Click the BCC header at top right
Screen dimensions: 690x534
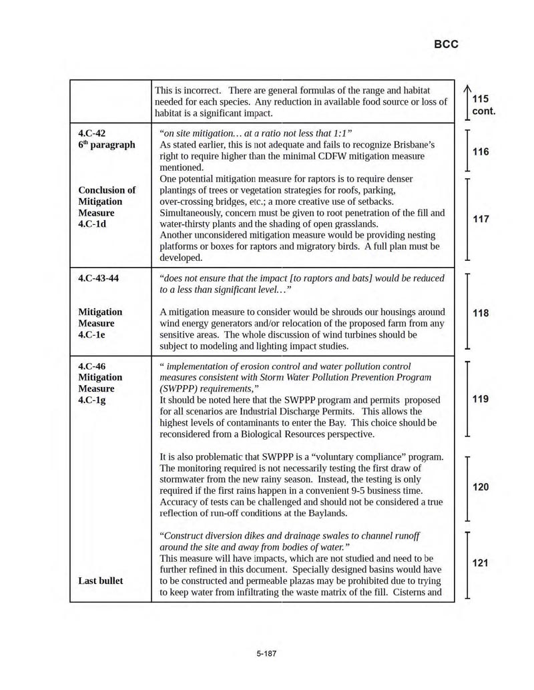[x=446, y=45]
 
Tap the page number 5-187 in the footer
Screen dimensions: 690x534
[x=266, y=653]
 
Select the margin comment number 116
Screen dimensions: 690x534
[x=481, y=151]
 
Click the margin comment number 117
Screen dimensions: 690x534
[x=481, y=219]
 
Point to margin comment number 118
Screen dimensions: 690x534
[x=481, y=313]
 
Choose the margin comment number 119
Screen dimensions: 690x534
[x=481, y=399]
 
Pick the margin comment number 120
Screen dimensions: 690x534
[x=481, y=487]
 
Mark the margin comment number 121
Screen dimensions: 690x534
[x=481, y=563]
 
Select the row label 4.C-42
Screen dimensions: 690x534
[x=92, y=133]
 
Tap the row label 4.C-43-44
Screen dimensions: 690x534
[x=99, y=278]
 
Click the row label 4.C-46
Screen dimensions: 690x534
[x=92, y=366]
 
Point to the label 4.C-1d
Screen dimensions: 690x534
[x=92, y=224]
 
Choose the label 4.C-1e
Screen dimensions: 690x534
[x=92, y=334]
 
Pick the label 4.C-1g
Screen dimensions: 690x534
[x=93, y=400]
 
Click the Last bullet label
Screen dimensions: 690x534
[x=100, y=581]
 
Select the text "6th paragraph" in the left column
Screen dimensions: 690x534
[x=107, y=145]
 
